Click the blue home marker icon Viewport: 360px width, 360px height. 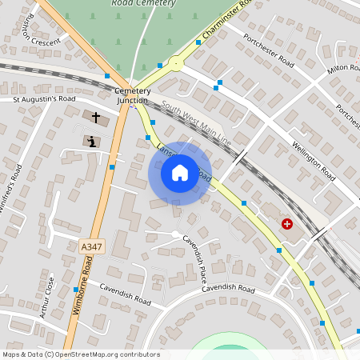[179, 173]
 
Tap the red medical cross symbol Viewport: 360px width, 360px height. [286, 224]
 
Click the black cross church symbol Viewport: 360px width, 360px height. [96, 118]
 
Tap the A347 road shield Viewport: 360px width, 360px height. [92, 248]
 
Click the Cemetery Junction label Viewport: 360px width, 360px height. [132, 96]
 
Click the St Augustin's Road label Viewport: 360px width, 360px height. [44, 99]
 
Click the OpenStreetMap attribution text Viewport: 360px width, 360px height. [81, 354]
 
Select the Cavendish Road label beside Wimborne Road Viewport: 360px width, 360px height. [125, 296]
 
